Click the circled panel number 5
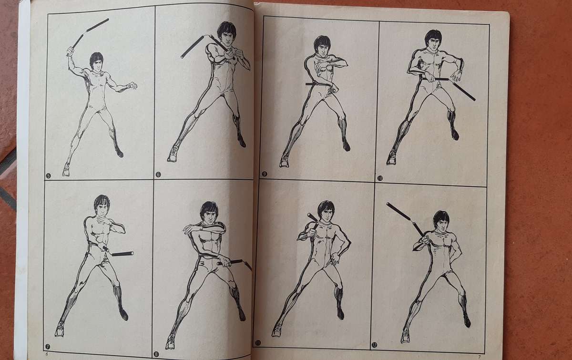(48, 175)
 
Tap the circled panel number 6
(158, 175)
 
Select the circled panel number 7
(47, 343)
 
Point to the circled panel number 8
(156, 341)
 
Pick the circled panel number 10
(380, 178)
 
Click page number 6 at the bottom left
(46, 354)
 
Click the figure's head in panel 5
(96, 61)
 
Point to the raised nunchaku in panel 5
(89, 31)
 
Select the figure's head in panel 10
(432, 40)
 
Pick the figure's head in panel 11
(326, 211)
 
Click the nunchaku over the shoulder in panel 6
(198, 45)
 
